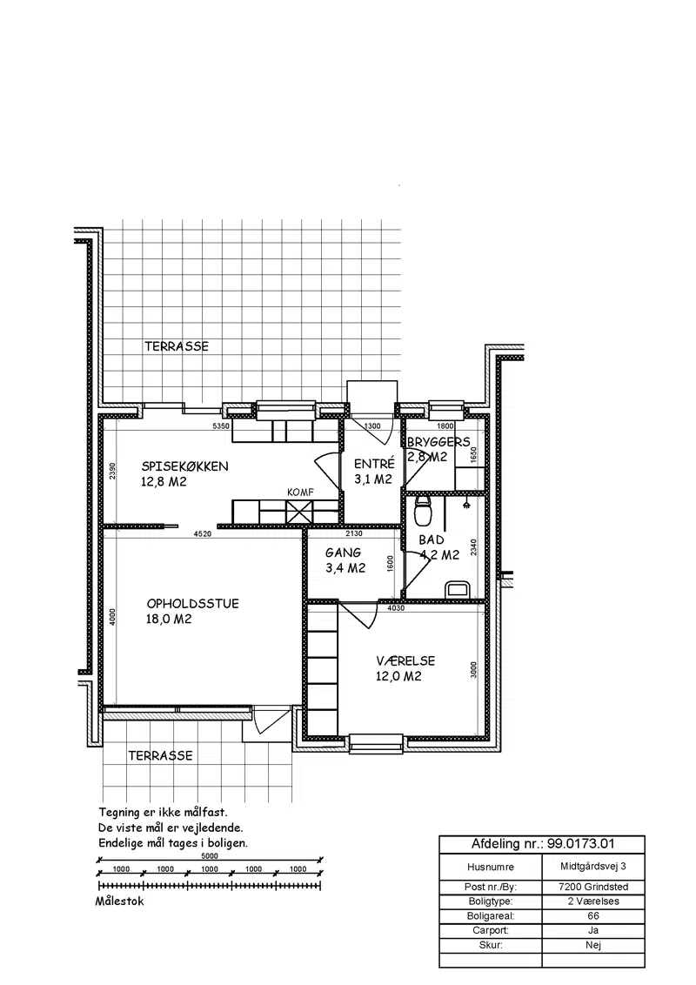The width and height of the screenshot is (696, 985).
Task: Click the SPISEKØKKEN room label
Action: pos(184,466)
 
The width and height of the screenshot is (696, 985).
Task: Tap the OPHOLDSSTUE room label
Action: pos(193,604)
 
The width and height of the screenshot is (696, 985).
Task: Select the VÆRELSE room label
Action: pos(405,660)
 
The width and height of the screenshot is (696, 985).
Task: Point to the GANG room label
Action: pos(343,553)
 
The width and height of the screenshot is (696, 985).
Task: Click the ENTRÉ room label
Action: pos(374,464)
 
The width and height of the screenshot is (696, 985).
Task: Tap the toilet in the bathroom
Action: pos(424,509)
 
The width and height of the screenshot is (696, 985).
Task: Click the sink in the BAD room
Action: pos(458,589)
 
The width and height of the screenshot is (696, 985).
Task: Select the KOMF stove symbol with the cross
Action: pos(299,511)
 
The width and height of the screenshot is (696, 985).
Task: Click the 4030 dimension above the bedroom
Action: pos(396,608)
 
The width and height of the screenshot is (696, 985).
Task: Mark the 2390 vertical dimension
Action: pos(112,471)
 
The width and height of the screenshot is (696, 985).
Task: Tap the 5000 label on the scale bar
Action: pos(210,855)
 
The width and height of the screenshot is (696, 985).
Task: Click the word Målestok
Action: pos(119,901)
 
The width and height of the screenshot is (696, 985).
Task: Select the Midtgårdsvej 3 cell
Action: pos(593,867)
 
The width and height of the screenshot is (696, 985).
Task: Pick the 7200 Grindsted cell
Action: pos(593,887)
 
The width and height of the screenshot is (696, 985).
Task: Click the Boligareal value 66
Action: pos(593,916)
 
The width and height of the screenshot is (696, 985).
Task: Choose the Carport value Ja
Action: pos(593,930)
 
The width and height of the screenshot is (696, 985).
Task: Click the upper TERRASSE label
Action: pos(177,346)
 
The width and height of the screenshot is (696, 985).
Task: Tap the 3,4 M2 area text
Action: pos(345,568)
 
